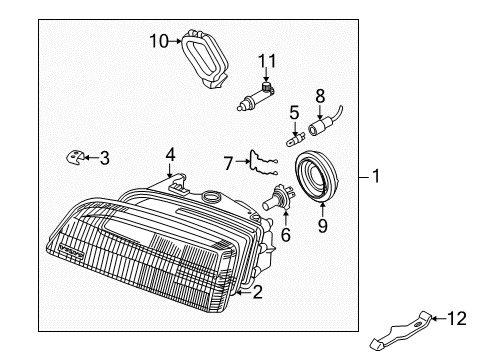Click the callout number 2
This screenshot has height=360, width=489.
(257, 293)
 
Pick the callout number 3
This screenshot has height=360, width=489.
(105, 157)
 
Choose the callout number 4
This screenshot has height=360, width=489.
(171, 154)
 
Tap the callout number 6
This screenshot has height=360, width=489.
(285, 237)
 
